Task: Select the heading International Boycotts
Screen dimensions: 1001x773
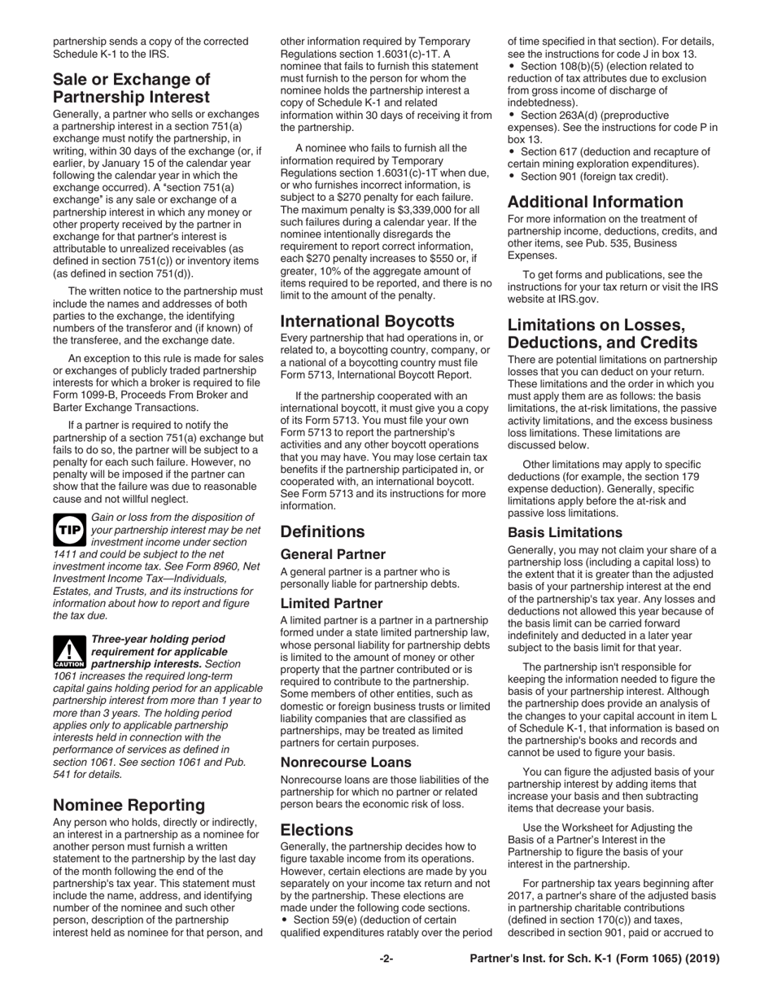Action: pyautogui.click(x=369, y=321)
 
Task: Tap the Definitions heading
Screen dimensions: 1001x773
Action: pyautogui.click(x=322, y=532)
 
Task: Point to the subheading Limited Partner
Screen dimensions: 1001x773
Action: pyautogui.click(x=331, y=604)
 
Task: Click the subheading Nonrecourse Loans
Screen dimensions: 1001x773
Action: pyautogui.click(x=346, y=763)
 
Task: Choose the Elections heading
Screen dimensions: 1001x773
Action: pyautogui.click(x=317, y=830)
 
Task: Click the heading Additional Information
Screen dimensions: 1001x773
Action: pyautogui.click(x=595, y=202)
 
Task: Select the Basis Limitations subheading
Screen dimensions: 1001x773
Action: pyautogui.click(x=565, y=533)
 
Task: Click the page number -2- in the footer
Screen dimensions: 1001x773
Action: pyautogui.click(x=386, y=959)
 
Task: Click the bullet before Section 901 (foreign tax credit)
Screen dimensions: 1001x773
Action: pyautogui.click(x=511, y=177)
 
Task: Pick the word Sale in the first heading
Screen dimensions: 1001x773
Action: pyautogui.click(x=71, y=80)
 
